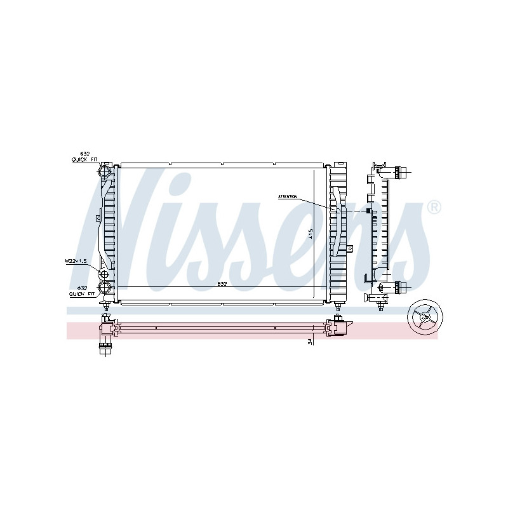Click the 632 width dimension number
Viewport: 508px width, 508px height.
222,283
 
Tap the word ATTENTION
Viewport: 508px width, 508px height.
288,197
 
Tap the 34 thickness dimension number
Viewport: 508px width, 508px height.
309,341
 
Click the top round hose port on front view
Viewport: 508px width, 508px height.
105,171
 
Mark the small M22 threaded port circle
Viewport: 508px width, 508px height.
103,274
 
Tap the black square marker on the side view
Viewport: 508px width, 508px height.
367,210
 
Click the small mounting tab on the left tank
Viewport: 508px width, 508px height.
98,218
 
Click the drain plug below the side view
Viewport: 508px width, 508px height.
380,307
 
